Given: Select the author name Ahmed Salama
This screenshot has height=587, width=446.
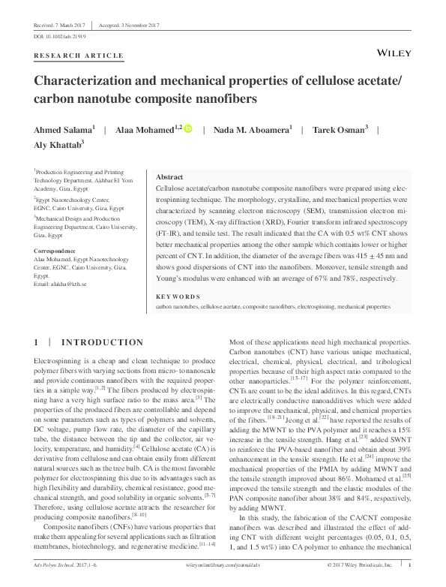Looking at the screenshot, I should (58, 129).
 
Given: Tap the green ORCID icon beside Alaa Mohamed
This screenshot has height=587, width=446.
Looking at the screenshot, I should (187, 128).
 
